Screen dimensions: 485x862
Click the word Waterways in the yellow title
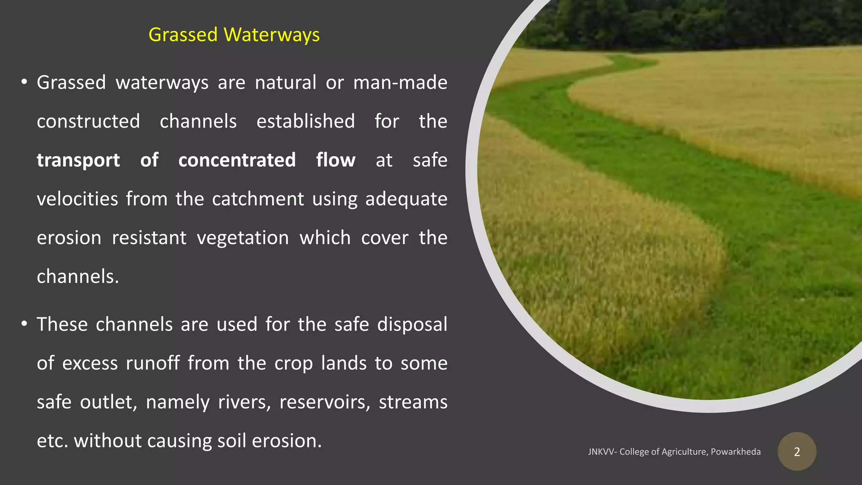(x=271, y=35)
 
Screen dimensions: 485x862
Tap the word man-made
(x=400, y=83)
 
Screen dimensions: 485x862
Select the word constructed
(x=88, y=122)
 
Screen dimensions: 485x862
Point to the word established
(x=306, y=122)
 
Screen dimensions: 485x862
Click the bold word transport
(x=78, y=160)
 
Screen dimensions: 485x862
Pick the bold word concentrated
(x=237, y=160)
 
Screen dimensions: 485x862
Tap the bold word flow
(x=335, y=160)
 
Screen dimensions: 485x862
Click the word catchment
(x=258, y=199)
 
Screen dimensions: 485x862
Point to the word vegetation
(x=243, y=238)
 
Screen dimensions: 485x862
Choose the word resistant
(x=149, y=238)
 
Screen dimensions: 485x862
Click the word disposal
(x=412, y=325)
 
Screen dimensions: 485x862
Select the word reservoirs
(x=325, y=402)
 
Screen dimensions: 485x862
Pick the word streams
(x=413, y=402)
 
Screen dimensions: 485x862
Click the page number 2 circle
(x=797, y=452)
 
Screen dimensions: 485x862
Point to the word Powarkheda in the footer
(x=736, y=452)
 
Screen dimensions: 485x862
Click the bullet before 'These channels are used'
(x=24, y=324)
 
